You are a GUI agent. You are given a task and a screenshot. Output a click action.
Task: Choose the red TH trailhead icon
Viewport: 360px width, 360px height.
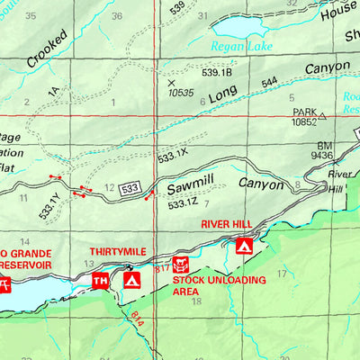pyautogui.click(x=101, y=282)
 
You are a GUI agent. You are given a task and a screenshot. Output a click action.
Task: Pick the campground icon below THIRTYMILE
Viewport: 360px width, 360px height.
pyautogui.click(x=132, y=281)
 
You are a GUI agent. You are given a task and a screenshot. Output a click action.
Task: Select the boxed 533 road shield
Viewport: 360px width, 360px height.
pyautogui.click(x=130, y=188)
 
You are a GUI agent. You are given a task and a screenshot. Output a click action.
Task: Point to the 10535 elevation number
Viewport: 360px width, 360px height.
pyautogui.click(x=180, y=92)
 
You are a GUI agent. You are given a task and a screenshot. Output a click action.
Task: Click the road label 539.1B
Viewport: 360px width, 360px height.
pyautogui.click(x=217, y=72)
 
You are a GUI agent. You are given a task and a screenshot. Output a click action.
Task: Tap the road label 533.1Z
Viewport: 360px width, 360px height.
pyautogui.click(x=183, y=205)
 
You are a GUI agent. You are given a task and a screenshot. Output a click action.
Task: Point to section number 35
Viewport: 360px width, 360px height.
pyautogui.click(x=31, y=15)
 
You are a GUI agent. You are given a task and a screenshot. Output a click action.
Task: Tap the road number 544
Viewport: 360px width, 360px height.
pyautogui.click(x=269, y=82)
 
